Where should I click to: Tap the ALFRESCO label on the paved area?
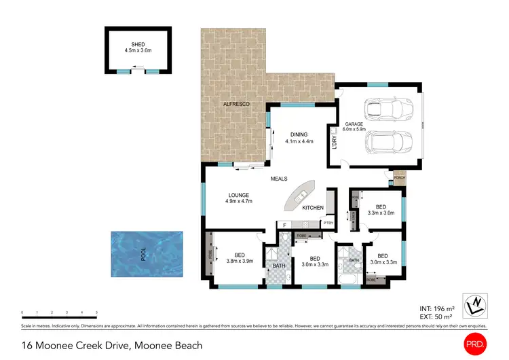pyautogui.click(x=238, y=103)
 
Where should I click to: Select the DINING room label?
pyautogui.click(x=299, y=134)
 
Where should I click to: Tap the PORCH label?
pyautogui.click(x=399, y=179)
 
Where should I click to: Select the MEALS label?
pyautogui.click(x=278, y=179)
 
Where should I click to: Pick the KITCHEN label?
pyautogui.click(x=313, y=208)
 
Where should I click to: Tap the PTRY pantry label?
pyautogui.click(x=328, y=223)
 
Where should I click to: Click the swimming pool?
pyautogui.click(x=147, y=254)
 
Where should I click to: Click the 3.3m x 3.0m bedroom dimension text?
pyautogui.click(x=381, y=213)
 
